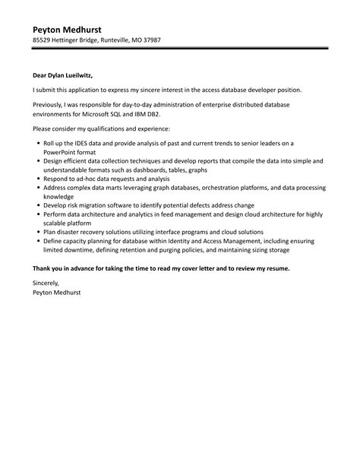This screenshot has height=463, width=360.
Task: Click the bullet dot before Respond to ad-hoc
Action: coord(38,178)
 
